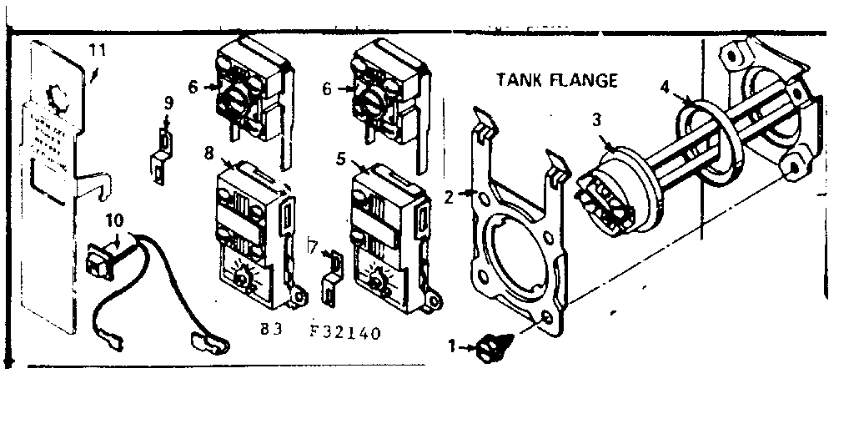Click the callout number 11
[98, 49]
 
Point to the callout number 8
[208, 152]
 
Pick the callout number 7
[312, 246]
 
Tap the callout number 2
[448, 197]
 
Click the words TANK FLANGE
[556, 80]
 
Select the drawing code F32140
[344, 332]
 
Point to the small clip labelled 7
[333, 275]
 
